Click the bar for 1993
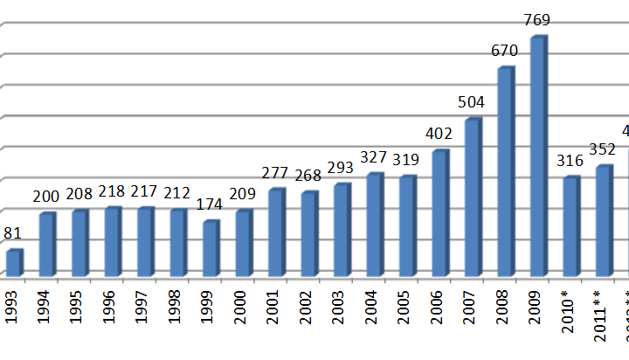coord(13,264)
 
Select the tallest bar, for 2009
coord(537,157)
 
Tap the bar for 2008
coord(505,172)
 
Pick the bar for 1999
coord(210,249)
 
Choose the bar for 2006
coord(439,214)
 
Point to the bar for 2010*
coord(570,227)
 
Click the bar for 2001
coord(275,233)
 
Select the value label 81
coord(12,234)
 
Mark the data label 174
coord(211,205)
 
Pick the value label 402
coord(440,135)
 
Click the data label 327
coord(375,158)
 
